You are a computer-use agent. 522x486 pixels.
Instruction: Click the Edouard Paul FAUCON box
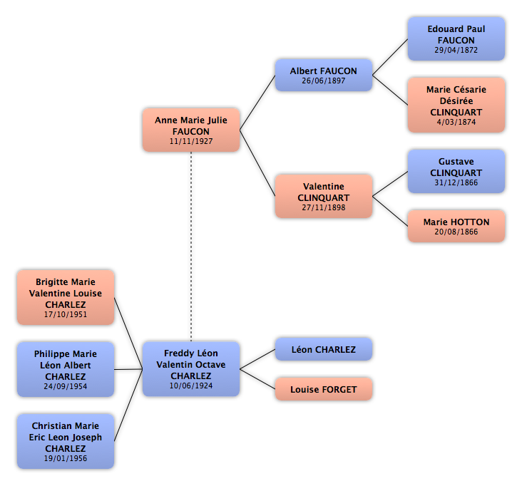456,38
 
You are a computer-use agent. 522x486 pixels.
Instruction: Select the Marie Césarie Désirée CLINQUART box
456,105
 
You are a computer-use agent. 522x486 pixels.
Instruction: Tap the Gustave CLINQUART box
456,172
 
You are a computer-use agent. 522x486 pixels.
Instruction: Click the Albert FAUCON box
323,76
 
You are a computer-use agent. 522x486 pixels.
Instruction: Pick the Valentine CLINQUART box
323,197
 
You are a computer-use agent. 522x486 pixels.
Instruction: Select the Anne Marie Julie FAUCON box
191,130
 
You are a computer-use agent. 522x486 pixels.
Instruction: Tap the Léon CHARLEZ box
323,350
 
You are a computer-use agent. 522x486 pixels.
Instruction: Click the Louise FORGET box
323,390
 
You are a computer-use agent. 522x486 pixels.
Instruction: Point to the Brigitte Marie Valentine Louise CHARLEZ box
66,298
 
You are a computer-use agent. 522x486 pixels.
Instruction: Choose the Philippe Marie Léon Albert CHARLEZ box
66,369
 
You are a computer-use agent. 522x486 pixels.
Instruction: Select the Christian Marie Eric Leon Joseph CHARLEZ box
66,442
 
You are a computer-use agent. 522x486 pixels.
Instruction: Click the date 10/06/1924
191,386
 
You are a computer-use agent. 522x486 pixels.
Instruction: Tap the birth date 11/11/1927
191,141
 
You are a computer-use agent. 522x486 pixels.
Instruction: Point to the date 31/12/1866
456,182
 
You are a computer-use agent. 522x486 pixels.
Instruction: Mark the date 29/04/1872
456,50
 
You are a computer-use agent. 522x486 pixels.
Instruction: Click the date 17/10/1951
66,314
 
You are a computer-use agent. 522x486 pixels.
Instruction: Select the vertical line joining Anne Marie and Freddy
191,246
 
